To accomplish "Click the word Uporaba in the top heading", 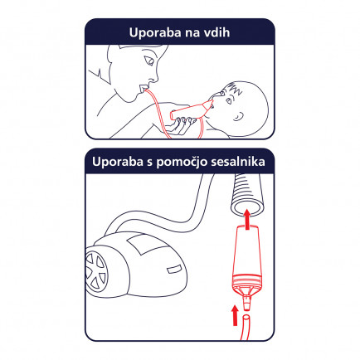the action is coord(155,32).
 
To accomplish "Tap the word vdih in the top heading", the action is coord(216,32).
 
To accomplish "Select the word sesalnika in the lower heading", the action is coord(238,162).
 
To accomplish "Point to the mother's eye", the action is coord(149,61).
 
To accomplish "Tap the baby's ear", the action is coord(238,116).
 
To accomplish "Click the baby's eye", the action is coord(229,100).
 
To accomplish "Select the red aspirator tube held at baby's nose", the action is coord(192,110).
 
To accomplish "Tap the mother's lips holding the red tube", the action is coord(142,89).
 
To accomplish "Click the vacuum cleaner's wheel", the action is coord(96,270).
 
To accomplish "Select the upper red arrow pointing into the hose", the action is coord(247,219).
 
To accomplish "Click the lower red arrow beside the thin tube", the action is coord(235,315).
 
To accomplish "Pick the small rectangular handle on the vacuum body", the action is coord(173,268).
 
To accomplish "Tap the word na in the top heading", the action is coord(192,34).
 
